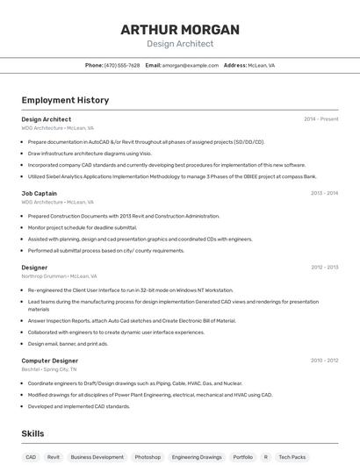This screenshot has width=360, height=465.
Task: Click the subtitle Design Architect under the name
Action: coord(180,43)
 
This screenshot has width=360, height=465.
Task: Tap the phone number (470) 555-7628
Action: coord(122,65)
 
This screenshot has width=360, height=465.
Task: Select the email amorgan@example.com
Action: coord(190,65)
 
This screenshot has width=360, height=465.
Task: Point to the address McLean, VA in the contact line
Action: coord(261,65)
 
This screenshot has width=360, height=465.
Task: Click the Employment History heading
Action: coord(65,100)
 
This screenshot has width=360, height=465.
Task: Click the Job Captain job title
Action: coord(39,193)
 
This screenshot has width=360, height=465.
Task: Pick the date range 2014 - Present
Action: coord(320,119)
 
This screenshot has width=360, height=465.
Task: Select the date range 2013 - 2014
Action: coord(324,193)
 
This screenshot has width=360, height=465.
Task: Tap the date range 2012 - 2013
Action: coord(324,268)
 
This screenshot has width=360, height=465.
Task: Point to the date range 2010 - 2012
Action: coord(324,361)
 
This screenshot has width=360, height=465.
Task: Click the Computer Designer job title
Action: coord(49,361)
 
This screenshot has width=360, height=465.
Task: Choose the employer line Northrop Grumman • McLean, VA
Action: coord(59,276)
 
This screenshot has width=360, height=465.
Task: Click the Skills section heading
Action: coord(32,433)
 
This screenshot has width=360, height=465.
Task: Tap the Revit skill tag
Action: coord(54,457)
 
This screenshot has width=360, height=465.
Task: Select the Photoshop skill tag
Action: coord(148,457)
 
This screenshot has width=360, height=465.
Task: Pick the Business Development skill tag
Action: coord(97,457)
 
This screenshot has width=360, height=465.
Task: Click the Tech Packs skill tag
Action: coord(292,457)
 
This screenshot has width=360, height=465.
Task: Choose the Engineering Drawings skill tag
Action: coord(197,457)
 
